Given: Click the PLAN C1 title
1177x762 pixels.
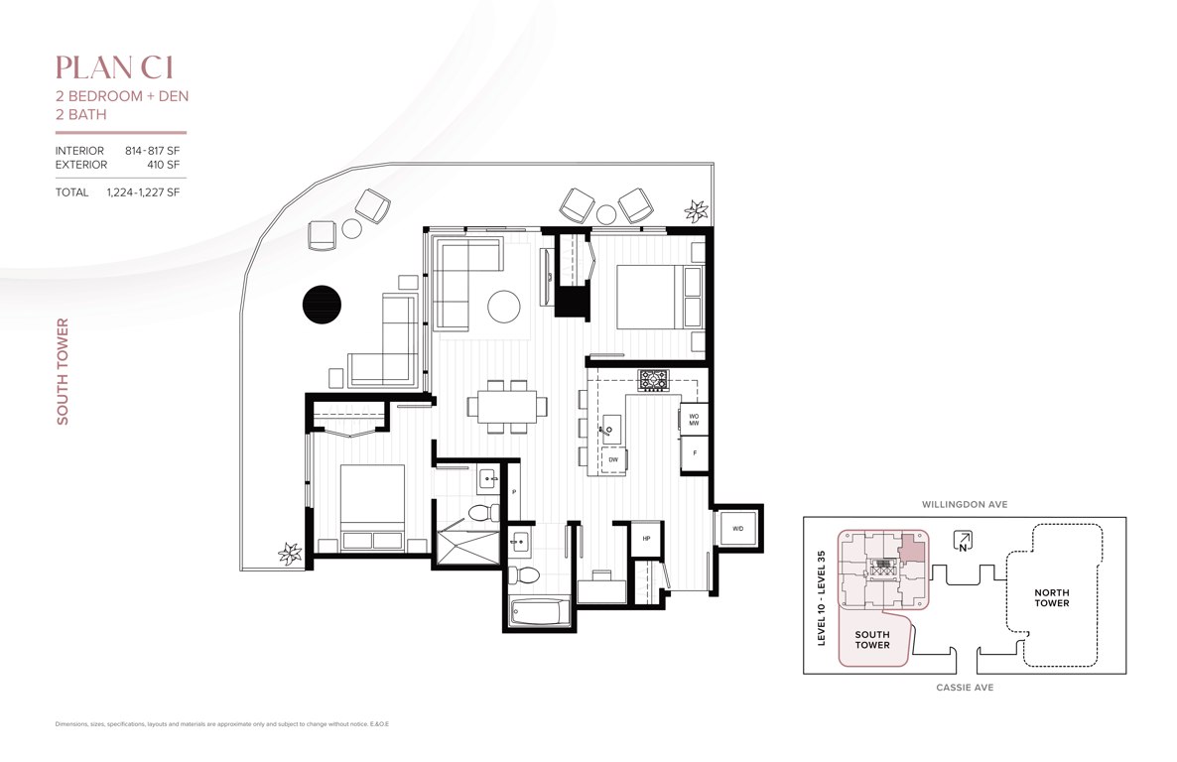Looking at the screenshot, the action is [x=115, y=67].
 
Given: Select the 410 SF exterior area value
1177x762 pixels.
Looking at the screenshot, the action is [x=163, y=165].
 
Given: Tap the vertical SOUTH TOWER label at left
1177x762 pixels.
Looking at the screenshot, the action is [x=63, y=372].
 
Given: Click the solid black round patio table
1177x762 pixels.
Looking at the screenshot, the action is [x=322, y=305].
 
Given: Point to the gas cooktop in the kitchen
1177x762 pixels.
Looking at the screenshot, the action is [x=653, y=380].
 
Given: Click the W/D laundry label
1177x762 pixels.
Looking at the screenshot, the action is [x=737, y=529].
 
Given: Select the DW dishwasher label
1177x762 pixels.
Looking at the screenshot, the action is [x=613, y=459].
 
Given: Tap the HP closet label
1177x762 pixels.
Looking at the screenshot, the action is [x=645, y=539].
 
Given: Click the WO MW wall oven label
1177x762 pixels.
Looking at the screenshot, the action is [x=694, y=420].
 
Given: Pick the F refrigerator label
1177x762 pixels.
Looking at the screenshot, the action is [x=695, y=453].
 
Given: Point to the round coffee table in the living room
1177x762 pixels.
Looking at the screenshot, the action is [x=504, y=307].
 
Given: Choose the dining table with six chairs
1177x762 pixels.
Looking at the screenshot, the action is [x=507, y=406].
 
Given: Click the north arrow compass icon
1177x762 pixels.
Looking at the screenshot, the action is [x=963, y=540].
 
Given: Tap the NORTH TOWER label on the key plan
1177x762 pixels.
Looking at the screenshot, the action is [x=1052, y=597].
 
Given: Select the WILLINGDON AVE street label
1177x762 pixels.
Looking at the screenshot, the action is [x=965, y=504].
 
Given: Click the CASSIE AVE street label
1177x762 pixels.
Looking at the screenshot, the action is [x=965, y=687].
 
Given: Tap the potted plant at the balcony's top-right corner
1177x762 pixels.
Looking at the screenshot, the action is [x=697, y=210].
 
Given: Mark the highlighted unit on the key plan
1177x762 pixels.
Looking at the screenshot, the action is [x=911, y=548].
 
